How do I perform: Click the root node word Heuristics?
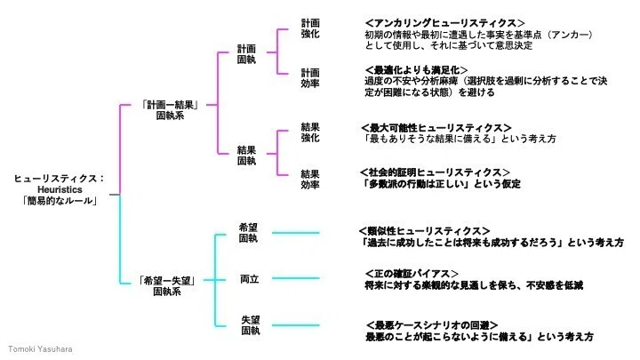(60, 189)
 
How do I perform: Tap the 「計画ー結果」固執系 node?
(170, 110)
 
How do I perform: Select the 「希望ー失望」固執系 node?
(167, 286)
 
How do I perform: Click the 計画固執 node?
(246, 54)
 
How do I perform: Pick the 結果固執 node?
(246, 156)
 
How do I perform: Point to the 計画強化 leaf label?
(310, 28)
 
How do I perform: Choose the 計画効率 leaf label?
(310, 78)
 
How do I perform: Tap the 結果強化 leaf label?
(310, 132)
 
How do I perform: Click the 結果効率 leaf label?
(310, 180)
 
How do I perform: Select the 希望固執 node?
(248, 233)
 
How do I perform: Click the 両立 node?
(249, 279)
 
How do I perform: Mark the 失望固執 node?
(250, 325)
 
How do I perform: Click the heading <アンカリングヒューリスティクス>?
(445, 23)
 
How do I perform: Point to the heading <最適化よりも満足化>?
(416, 70)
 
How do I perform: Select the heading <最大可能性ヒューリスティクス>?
(436, 128)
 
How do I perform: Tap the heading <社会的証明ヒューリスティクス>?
(435, 172)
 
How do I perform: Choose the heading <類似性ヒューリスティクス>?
(425, 231)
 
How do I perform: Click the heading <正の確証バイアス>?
(412, 274)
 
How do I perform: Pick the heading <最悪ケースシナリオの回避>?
(432, 325)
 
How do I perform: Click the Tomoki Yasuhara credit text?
(40, 349)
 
